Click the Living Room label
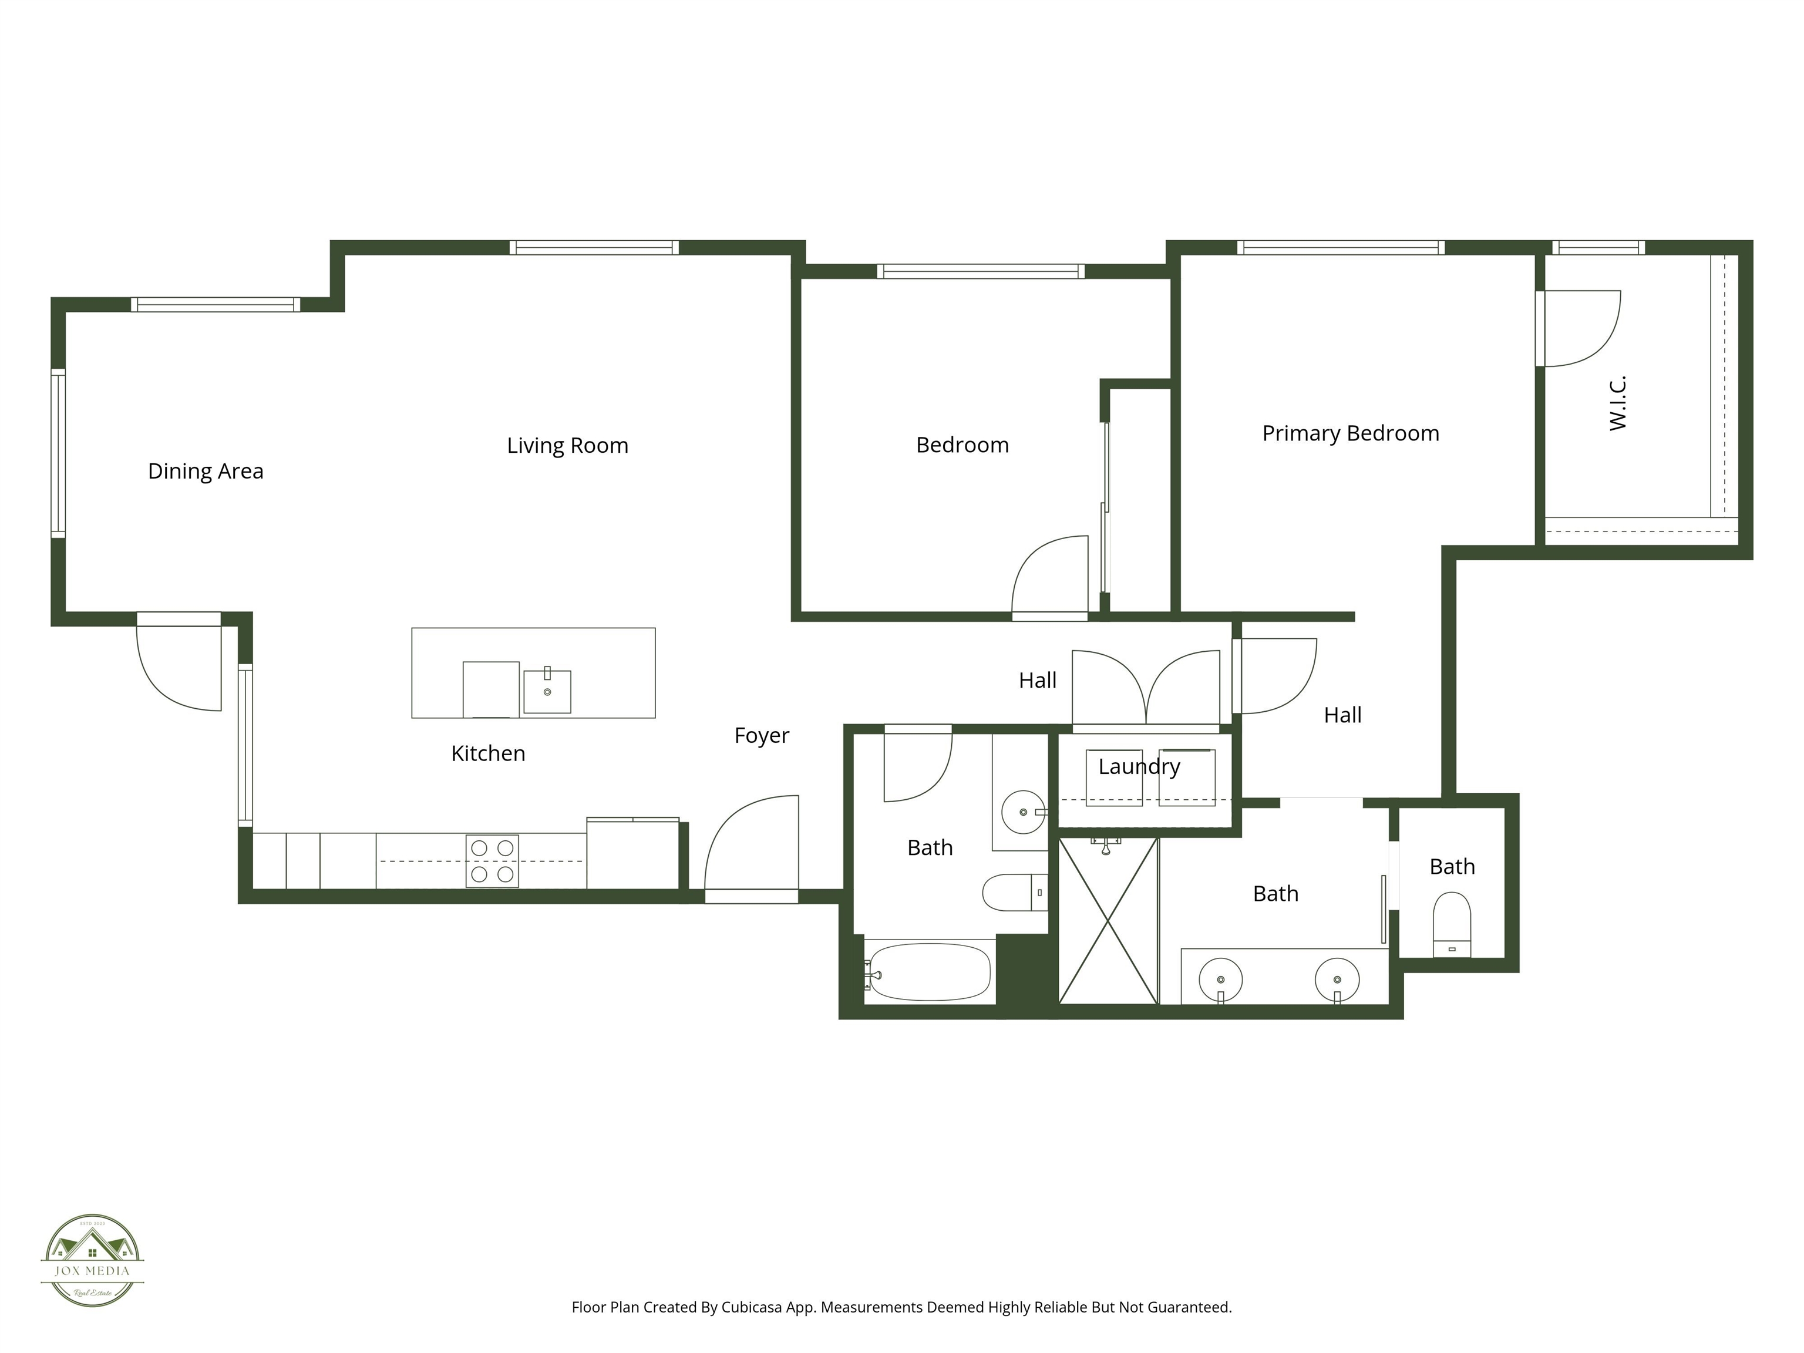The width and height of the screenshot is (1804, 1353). pos(568,445)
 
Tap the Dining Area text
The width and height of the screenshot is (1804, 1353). pos(206,472)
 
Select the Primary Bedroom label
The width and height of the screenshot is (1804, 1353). pos(1351,433)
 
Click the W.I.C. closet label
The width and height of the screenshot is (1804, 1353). pos(1618,403)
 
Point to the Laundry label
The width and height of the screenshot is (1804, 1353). pos(1139,766)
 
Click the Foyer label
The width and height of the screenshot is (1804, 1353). pos(761,736)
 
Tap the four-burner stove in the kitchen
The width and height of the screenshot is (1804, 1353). pos(492,860)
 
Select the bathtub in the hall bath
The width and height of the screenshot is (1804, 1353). pos(929,971)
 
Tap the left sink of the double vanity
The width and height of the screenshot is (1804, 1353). pos(1221,980)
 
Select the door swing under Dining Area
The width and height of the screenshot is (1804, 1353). pos(180,665)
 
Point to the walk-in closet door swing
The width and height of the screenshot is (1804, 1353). pos(1577,328)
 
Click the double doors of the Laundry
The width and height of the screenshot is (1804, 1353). pos(1146,688)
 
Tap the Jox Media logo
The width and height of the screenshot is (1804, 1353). pos(92,1260)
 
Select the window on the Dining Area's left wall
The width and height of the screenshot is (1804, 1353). pos(58,453)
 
